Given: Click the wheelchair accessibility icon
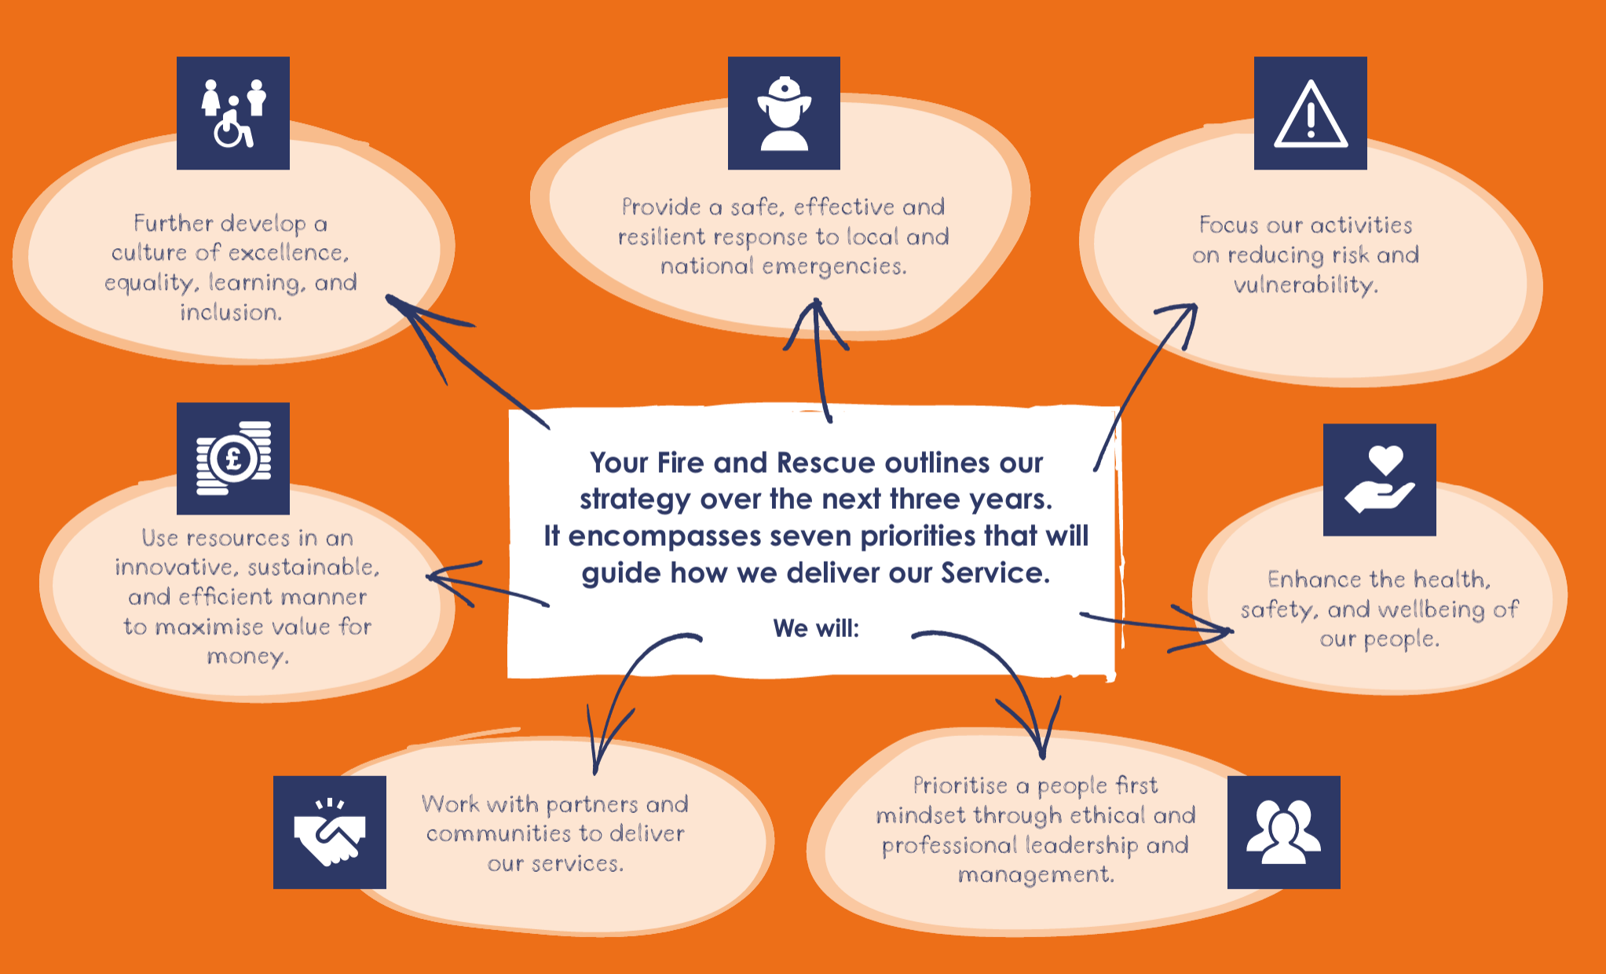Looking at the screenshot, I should tap(233, 113).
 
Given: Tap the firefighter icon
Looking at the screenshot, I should tap(784, 113).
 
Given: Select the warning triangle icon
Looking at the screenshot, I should tap(1310, 113).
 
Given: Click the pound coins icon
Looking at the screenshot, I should tap(233, 459).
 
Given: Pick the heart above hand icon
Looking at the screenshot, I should tap(1379, 480).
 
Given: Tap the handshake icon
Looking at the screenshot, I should tap(330, 833).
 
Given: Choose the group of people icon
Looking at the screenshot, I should tap(1283, 833).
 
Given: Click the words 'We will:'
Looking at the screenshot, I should tap(816, 628).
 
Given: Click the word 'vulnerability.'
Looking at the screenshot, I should tap(1305, 284).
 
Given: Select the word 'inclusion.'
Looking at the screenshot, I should tap(231, 313).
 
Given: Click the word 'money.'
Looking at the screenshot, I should tap(248, 656).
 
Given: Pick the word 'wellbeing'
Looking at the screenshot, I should tap(1432, 610).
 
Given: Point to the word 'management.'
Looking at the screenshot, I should tap(1036, 874).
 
